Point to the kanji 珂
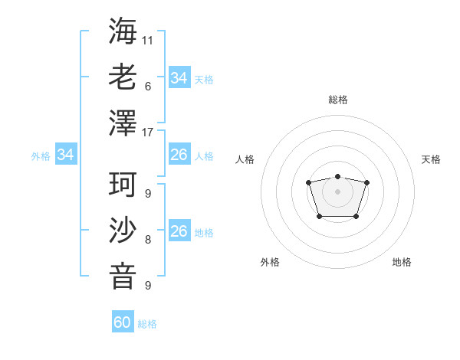coord(123,185)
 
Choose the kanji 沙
coord(123,231)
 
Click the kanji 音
coord(123,277)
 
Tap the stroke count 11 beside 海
coord(148,40)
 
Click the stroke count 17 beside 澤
coord(148,132)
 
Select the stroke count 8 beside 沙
coord(148,240)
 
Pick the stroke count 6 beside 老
coord(148,86)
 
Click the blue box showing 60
coord(123,322)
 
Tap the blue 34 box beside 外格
coord(66,155)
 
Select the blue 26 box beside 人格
coord(179,155)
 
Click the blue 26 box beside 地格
coord(179,232)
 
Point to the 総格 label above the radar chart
coord(337,100)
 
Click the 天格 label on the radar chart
coord(431,159)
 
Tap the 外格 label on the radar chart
coord(270,262)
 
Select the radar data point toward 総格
coord(337,177)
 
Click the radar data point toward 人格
coord(308,182)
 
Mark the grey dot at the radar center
coord(337,191)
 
